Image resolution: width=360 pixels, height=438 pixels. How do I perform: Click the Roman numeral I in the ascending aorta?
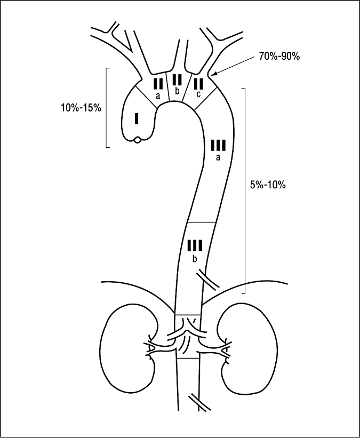pyautogui.click(x=138, y=118)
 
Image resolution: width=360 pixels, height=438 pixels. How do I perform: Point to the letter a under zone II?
pyautogui.click(x=158, y=96)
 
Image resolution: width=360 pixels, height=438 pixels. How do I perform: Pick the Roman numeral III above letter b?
pyautogui.click(x=195, y=246)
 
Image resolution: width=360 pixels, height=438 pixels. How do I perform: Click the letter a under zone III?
pyautogui.click(x=218, y=157)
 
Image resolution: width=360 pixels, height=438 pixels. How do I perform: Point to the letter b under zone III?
pyautogui.click(x=195, y=259)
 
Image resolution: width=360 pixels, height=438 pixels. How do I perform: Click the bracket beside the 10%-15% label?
pyautogui.click(x=107, y=107)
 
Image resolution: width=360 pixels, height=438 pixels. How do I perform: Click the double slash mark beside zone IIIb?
pyautogui.click(x=207, y=280)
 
